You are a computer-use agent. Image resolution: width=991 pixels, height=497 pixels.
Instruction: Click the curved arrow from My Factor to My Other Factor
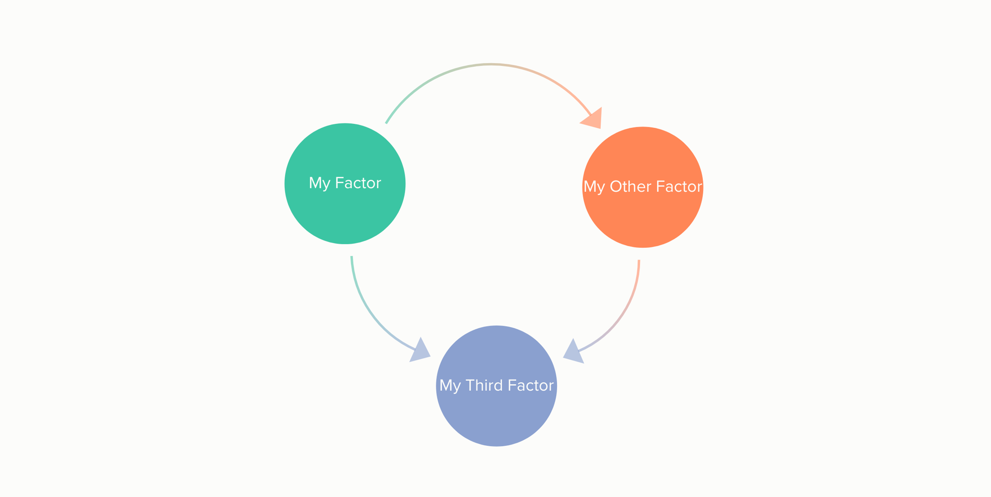pos(490,65)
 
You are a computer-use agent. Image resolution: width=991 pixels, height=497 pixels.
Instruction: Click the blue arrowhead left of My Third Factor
pos(420,351)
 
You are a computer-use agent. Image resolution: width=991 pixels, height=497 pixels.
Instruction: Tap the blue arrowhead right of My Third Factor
pos(573,352)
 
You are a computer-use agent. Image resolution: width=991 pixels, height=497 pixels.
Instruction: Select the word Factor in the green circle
pos(358,183)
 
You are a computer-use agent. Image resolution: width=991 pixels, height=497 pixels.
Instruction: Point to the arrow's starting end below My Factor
pos(351,258)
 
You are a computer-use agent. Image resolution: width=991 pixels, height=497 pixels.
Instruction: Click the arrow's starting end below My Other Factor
pos(639,261)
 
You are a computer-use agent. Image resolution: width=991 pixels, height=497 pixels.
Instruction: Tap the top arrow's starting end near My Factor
pos(387,123)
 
